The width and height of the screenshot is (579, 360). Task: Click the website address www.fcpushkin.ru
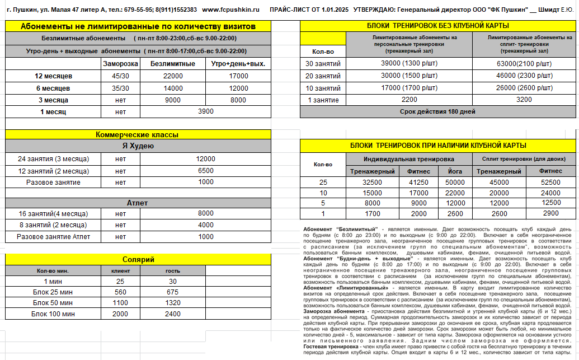[x=231, y=10]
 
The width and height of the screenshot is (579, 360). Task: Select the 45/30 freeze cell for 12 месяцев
[x=120, y=76]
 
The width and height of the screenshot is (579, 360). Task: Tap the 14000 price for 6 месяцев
[x=173, y=88]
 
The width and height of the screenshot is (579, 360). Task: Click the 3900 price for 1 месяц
[x=206, y=111]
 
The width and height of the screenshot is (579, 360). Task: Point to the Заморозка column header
[x=120, y=64]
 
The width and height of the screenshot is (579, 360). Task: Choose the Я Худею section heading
[x=138, y=146]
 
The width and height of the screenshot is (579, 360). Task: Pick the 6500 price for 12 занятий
[x=206, y=171]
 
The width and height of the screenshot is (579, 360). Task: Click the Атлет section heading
[x=138, y=203]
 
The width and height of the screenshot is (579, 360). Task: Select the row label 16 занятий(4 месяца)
[x=53, y=213]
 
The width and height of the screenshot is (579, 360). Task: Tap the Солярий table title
[x=138, y=259]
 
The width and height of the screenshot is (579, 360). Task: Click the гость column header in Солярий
[x=172, y=270]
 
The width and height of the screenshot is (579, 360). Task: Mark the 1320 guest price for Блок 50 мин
[x=172, y=302]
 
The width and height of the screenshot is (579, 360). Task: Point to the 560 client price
[x=120, y=292]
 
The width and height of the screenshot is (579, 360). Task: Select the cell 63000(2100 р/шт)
[x=525, y=64]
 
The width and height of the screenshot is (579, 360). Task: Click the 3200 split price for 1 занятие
[x=525, y=100]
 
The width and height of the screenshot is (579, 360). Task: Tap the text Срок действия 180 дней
[x=438, y=111]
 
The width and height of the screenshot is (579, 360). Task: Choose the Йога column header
[x=455, y=171]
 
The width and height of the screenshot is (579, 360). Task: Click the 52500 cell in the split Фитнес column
[x=550, y=183]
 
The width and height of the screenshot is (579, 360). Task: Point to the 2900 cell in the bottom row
[x=550, y=213]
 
